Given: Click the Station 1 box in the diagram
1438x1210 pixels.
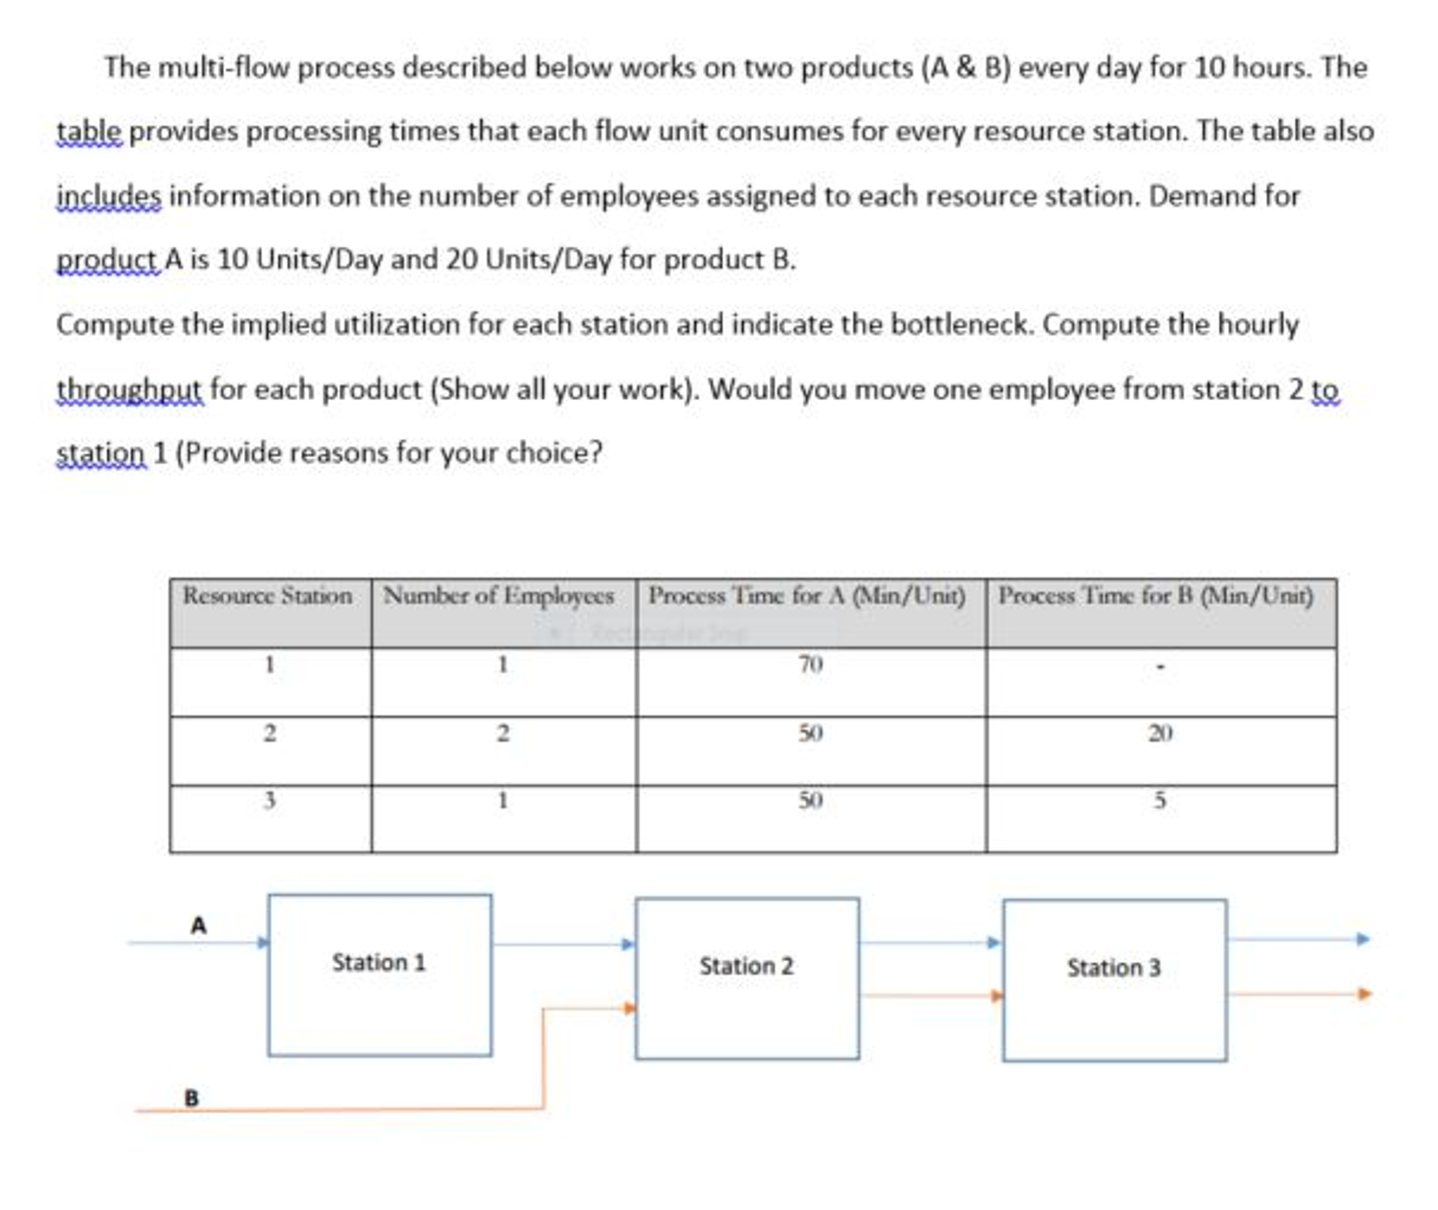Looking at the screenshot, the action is (x=380, y=974).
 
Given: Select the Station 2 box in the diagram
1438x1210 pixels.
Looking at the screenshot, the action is (x=746, y=978).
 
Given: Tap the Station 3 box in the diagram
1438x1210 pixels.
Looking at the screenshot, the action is (x=1114, y=979).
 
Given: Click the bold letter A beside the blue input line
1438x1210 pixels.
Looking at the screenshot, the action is (x=199, y=925).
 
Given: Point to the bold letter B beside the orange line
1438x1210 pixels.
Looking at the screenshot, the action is (x=191, y=1098).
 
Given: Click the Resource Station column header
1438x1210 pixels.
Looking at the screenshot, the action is (x=267, y=596).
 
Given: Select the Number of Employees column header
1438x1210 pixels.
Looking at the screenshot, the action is (x=498, y=596).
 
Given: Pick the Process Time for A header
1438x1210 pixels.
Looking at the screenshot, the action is (x=806, y=596).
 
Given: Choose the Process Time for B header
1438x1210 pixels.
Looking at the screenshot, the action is (x=1155, y=596).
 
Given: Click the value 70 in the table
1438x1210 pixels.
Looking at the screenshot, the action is (x=810, y=664).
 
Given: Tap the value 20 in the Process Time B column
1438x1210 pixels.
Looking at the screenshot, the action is (x=1160, y=733).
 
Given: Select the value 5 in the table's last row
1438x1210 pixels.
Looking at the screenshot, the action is (x=1160, y=800).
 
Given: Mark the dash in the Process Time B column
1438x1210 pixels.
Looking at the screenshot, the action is (x=1160, y=666).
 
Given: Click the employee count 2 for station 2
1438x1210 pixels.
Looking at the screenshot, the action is (x=503, y=733).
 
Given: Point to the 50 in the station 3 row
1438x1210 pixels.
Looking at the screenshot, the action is (x=810, y=800).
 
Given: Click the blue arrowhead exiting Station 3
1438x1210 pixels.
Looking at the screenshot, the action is (x=1362, y=939).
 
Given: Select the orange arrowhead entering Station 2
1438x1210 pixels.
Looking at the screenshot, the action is (x=629, y=1008).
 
